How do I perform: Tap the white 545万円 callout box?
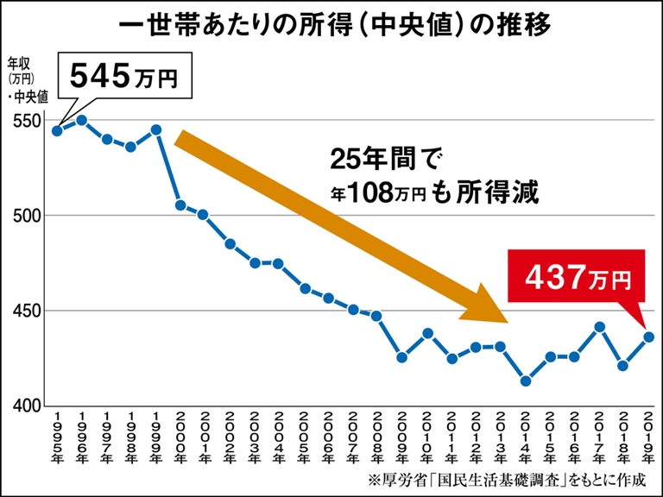[123, 76]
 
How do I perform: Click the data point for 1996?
[82, 120]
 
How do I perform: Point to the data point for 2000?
[180, 204]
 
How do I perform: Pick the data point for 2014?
[525, 381]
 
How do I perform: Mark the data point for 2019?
[648, 337]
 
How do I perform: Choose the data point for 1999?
[156, 129]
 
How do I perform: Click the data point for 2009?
[401, 356]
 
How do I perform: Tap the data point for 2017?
[599, 327]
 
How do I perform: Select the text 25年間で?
[386, 160]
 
